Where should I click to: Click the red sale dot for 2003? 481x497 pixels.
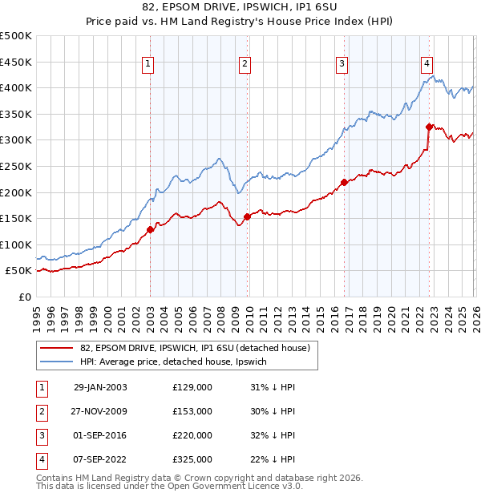pos(150,230)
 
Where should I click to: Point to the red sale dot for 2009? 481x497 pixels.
pos(247,216)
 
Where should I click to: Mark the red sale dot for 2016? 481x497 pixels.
pos(344,182)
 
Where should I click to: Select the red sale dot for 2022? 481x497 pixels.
pos(429,127)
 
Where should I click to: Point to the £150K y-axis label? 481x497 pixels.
pos(16,218)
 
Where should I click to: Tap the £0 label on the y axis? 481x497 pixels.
pos(24,297)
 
